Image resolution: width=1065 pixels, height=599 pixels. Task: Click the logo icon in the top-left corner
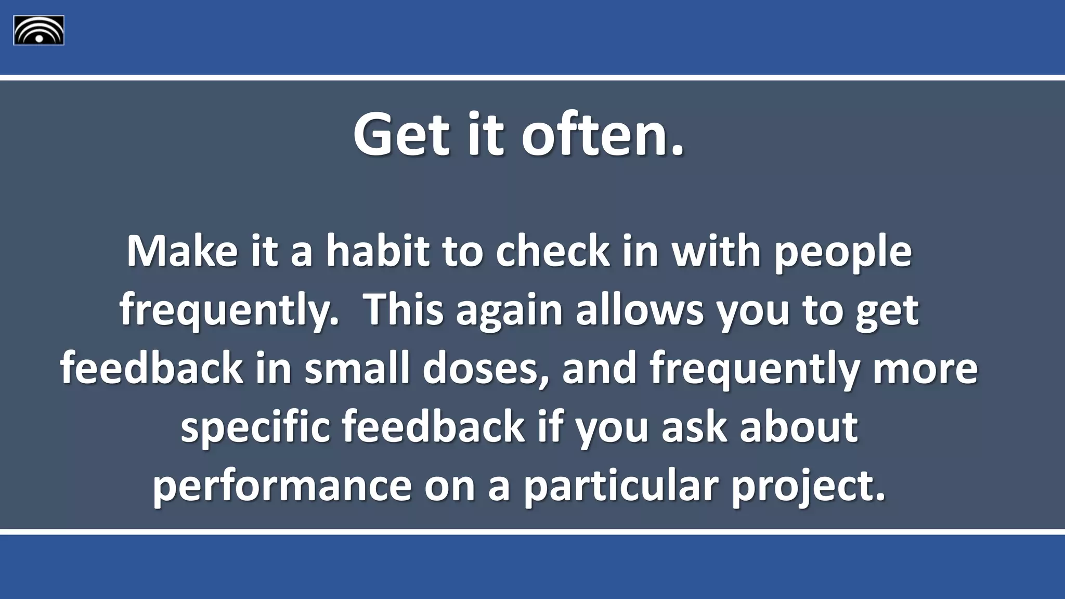[x=38, y=30]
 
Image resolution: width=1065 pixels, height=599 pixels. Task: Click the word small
[x=357, y=369]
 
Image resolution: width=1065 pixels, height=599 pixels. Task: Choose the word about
[x=799, y=427]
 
